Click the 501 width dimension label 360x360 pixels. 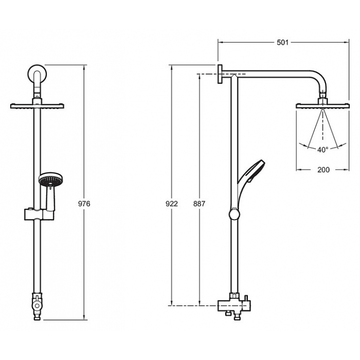282,43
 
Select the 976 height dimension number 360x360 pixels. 84,204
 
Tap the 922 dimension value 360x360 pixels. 172,204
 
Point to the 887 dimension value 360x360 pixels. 200,204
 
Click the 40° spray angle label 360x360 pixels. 323,150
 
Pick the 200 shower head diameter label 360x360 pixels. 323,170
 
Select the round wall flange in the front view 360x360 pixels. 37,73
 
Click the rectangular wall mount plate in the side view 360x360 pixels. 220,74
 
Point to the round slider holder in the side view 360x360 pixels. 235,214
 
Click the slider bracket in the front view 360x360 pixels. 39,214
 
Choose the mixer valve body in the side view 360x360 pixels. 234,306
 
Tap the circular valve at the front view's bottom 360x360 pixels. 37,305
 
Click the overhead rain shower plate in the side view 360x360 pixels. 322,106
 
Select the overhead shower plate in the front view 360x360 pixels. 37,106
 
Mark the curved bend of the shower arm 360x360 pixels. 320,79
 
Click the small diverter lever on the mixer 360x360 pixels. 246,298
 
